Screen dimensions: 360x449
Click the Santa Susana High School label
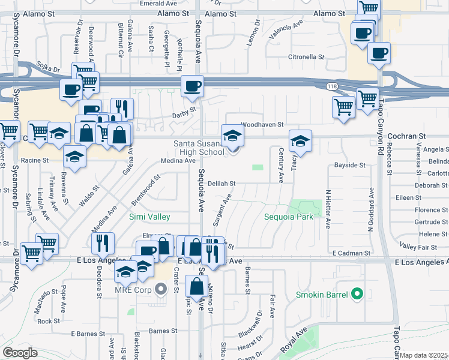[x=199, y=148]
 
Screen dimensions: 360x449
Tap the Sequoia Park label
[x=289, y=217]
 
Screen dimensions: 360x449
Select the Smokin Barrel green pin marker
[x=357, y=294]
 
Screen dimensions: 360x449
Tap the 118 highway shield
[x=332, y=87]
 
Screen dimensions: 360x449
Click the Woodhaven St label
[x=262, y=125]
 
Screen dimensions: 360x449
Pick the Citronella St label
[x=306, y=57]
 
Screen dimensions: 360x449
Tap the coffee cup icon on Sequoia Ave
[x=191, y=86]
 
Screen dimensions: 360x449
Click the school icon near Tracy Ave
[x=300, y=141]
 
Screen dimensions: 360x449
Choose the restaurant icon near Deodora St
[x=102, y=243]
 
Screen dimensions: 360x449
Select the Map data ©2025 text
[x=424, y=355]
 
